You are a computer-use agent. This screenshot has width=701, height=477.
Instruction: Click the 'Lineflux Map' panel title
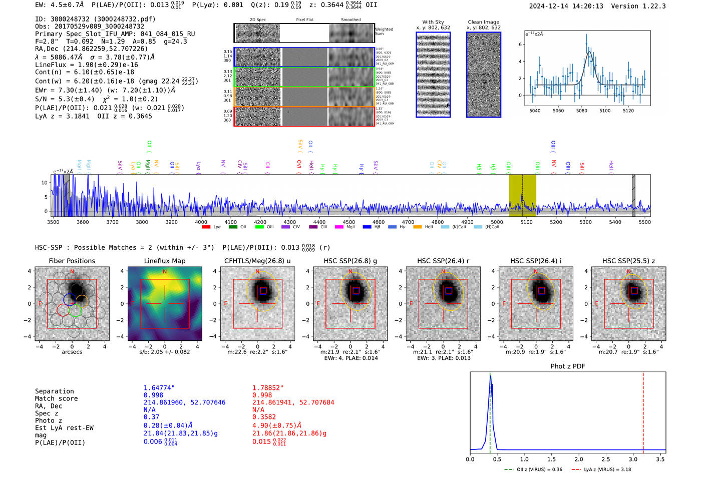164,261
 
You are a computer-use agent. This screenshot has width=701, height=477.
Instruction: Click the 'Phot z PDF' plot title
568,366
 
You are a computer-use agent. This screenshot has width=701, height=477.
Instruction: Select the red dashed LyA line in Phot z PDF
643,410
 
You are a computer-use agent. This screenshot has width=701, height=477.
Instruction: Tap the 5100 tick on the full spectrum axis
526,222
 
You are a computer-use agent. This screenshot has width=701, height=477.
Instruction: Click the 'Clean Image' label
483,22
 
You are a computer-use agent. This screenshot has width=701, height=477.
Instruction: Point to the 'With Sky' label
433,22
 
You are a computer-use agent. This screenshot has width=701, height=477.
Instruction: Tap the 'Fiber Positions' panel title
72,261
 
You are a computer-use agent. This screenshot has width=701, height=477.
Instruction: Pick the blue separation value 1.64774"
159,388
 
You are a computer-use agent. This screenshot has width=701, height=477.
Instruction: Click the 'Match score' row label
56,399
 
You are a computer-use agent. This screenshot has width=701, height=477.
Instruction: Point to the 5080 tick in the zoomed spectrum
581,111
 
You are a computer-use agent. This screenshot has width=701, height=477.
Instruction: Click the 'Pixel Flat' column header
304,20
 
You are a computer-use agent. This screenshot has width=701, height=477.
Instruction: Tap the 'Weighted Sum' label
384,32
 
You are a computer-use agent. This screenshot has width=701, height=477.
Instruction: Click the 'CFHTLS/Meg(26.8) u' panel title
257,261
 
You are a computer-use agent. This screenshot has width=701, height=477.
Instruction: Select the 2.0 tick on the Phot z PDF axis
578,459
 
